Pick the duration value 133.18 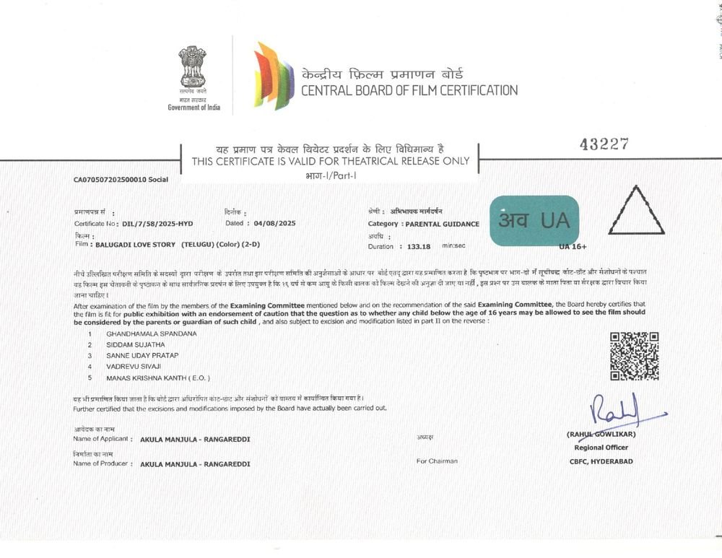pos(419,246)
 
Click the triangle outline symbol pos(635,211)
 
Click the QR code pos(634,356)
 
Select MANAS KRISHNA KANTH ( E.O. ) pos(158,378)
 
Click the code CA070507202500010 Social pos(121,179)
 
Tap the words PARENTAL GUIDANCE pos(442,224)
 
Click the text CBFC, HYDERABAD pos(601,461)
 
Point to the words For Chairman pos(437,461)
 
